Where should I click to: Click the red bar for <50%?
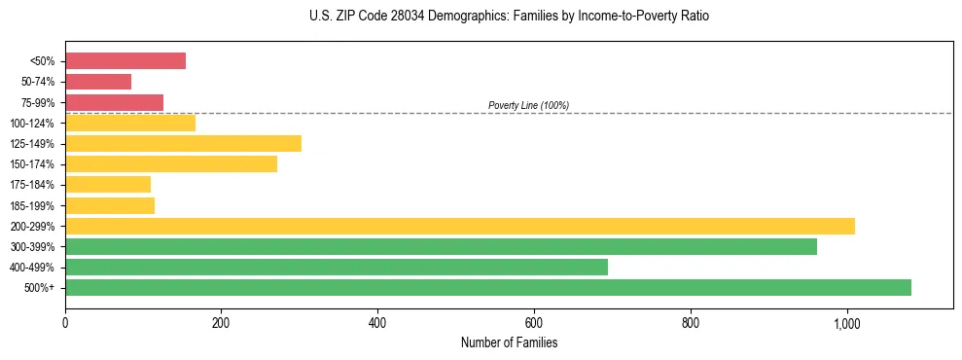click(125, 60)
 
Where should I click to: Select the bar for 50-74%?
click(98, 82)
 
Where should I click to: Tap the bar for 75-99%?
click(114, 102)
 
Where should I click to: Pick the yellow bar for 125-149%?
click(183, 143)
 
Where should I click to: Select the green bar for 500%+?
click(488, 287)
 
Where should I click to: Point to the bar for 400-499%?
click(337, 267)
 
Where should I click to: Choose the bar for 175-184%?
click(108, 184)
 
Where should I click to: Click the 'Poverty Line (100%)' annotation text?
click(528, 105)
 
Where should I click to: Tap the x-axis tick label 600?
click(534, 323)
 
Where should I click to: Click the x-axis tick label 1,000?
click(846, 323)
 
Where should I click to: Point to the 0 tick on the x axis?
click(65, 323)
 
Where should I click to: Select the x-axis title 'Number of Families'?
click(509, 342)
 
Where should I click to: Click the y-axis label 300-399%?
click(32, 247)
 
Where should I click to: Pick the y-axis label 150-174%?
click(32, 164)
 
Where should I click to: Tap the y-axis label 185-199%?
click(32, 205)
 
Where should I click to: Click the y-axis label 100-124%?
click(32, 123)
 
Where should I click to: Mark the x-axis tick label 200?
click(221, 323)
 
